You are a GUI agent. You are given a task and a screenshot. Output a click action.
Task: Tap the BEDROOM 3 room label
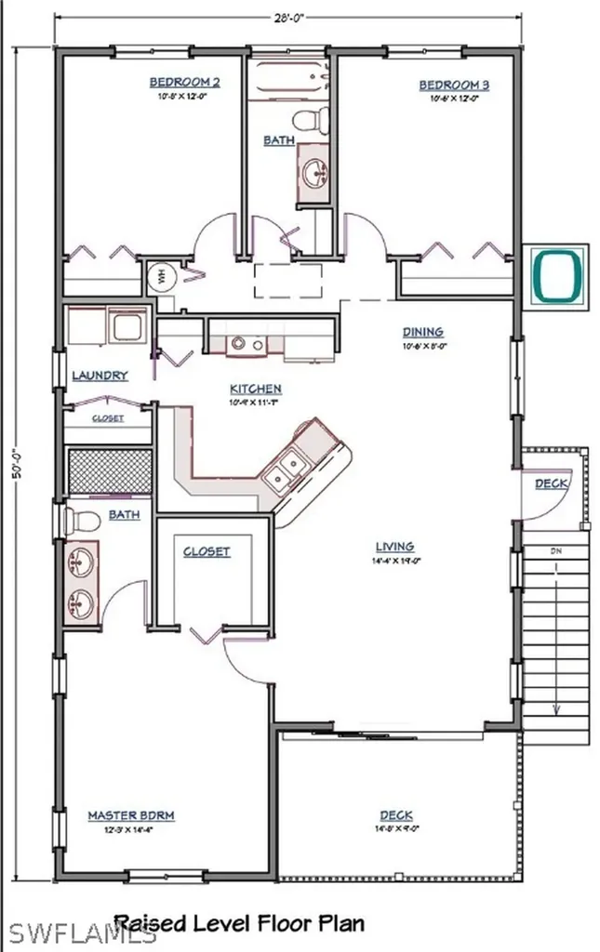coord(454,86)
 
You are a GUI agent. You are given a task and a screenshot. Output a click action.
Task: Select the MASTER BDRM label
coord(131,815)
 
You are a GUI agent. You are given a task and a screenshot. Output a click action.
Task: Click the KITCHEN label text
coord(255,389)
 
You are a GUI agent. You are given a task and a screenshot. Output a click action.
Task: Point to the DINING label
coord(422,332)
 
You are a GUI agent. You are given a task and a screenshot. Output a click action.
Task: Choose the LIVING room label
coord(394,547)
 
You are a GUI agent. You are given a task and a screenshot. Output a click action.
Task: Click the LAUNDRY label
coord(100,376)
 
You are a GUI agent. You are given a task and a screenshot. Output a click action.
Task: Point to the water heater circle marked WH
coord(159,276)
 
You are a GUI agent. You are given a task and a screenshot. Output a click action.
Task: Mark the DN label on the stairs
coord(556,552)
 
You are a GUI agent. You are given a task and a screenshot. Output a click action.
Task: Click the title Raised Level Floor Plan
coord(238,922)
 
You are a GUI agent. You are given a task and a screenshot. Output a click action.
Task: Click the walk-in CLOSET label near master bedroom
coord(206,551)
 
